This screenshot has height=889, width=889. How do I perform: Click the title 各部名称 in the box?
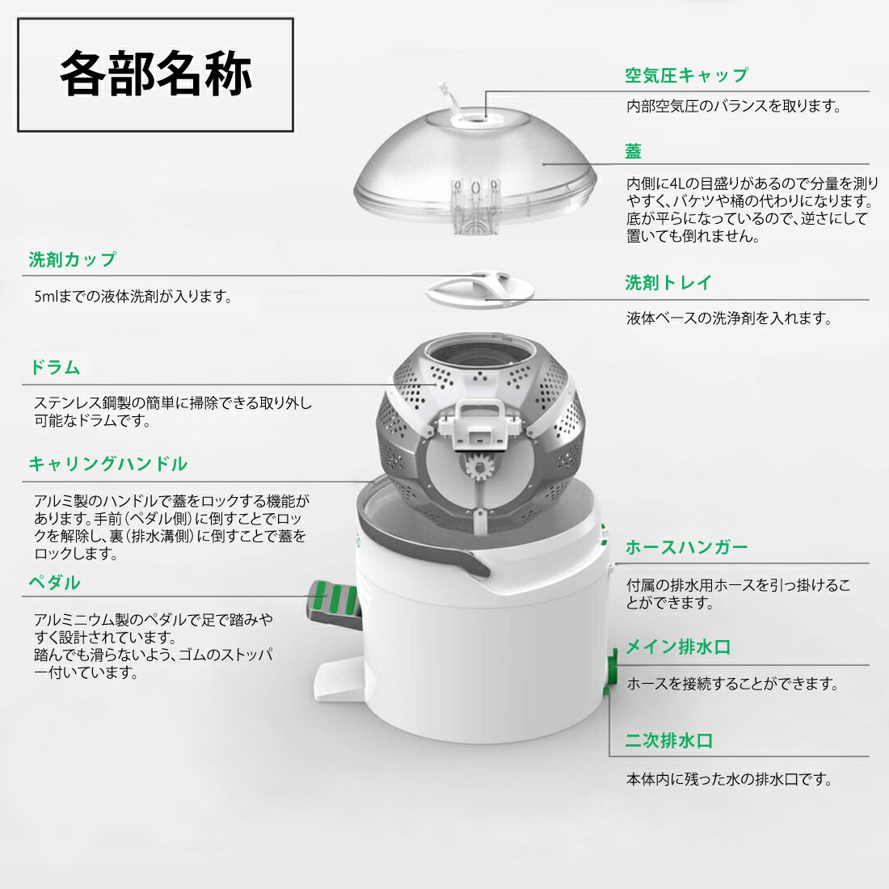coord(156,74)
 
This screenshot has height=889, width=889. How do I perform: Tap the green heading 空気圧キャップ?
coord(686,75)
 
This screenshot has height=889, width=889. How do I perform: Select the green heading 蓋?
coord(633,151)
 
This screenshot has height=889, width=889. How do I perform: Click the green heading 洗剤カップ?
coord(73,259)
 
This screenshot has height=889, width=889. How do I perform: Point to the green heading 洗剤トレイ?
coord(668,283)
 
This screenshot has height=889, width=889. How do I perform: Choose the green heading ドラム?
coord(55,368)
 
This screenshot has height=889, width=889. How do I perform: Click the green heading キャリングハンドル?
coord(107,464)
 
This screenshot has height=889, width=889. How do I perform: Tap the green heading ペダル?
coord(55,583)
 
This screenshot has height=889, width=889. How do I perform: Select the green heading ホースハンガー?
coord(686,547)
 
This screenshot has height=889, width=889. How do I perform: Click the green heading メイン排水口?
coord(677,647)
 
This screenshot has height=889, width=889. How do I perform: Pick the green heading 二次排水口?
coord(668,740)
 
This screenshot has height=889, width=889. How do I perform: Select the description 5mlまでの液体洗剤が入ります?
coord(133,297)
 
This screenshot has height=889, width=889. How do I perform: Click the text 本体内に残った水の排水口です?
coord(729,779)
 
